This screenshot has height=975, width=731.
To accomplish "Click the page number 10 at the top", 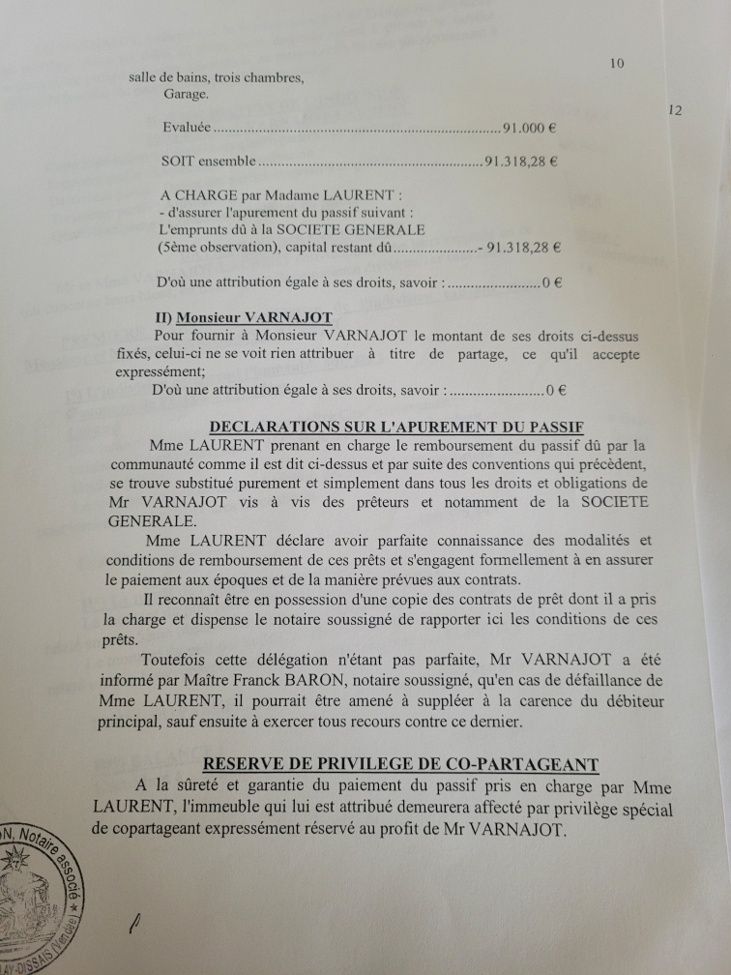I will click(618, 64).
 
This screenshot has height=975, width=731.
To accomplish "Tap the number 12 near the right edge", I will click(675, 110).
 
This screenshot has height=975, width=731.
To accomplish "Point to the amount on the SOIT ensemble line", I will click(521, 162).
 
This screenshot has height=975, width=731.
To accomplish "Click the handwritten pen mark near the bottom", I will click(134, 926).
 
